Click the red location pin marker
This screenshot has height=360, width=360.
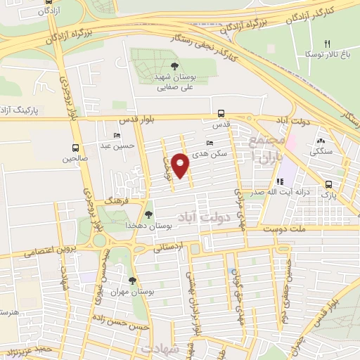[x=181, y=165]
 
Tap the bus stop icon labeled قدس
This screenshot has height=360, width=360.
[x=221, y=113]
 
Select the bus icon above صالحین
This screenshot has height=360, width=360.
[x=75, y=148]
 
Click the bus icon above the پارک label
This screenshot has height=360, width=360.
[x=328, y=185]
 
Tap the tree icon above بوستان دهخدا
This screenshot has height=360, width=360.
[x=148, y=214]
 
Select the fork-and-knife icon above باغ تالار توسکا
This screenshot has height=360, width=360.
[x=327, y=44]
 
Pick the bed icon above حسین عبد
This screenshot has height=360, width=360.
[x=117, y=136]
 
